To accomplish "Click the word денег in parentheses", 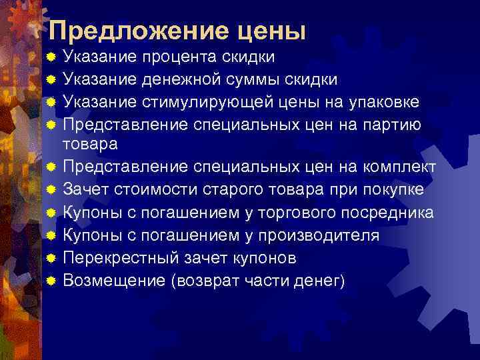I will [321, 280].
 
